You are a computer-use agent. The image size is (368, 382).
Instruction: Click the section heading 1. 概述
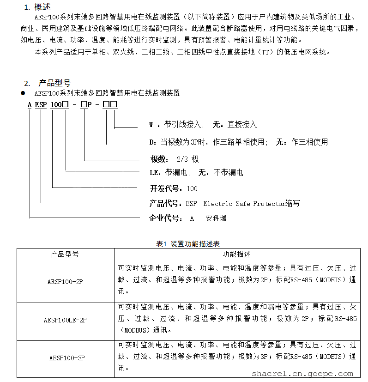pos(37,6)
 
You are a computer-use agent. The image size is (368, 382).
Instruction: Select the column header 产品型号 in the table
pos(65,255)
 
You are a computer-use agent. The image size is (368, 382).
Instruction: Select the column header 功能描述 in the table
pos(236,255)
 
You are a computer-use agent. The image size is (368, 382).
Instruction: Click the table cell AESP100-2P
pos(65,281)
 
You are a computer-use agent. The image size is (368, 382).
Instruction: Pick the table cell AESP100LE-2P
pos(65,320)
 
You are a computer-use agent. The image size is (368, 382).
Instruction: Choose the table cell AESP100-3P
pos(65,358)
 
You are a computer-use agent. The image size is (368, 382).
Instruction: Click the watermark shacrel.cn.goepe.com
pos(302,374)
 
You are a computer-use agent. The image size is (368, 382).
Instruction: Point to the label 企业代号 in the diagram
pos(165,218)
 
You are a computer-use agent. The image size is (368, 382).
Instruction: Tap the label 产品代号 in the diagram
pos(165,203)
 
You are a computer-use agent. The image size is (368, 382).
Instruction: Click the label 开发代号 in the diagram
pos(165,188)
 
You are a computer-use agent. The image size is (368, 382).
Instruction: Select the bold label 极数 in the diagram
pos(159,159)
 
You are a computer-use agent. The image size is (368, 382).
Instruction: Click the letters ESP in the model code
pos(41,104)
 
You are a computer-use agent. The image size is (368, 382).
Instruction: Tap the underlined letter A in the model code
pos(30,104)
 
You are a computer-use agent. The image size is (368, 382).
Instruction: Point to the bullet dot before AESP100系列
pos(22,93)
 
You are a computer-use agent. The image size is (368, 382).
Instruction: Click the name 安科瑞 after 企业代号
pos(216,218)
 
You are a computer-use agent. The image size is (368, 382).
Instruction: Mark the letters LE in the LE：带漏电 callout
pos(154,173)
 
